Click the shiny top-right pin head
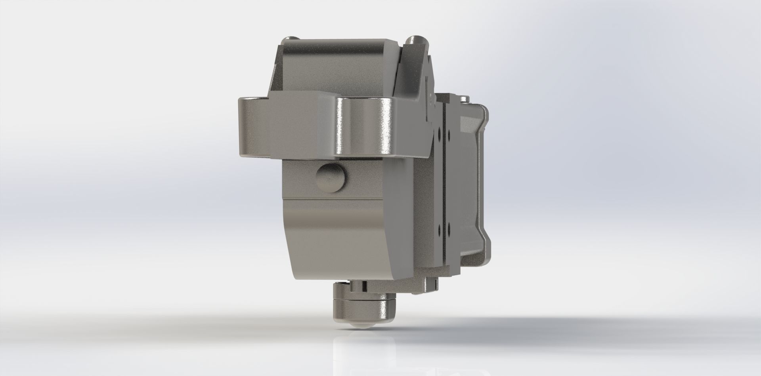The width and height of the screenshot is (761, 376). (x=415, y=40)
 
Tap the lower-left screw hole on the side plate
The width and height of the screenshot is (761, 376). (x=439, y=229)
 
